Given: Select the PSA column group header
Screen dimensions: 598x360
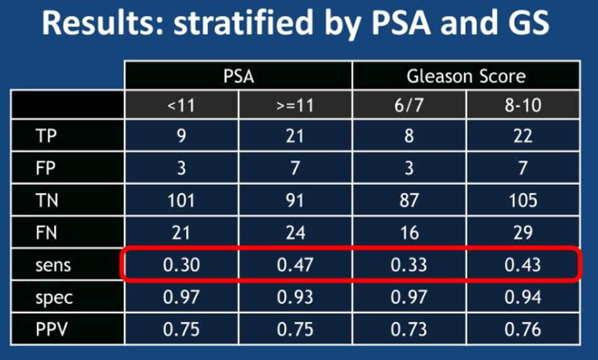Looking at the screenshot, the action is [239, 76].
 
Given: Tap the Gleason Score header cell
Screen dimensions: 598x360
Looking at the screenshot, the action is [466, 76].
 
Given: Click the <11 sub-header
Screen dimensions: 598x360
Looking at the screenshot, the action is [181, 105].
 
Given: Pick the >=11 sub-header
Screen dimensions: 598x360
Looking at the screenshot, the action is [295, 105].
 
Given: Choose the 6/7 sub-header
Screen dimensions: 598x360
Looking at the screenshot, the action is [409, 105].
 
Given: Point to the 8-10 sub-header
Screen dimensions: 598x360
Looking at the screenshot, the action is [523, 105].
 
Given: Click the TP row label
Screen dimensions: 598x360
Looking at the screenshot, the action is [46, 136].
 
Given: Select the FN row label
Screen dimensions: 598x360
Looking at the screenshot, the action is [46, 233].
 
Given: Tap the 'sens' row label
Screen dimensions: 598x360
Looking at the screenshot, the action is [53, 265].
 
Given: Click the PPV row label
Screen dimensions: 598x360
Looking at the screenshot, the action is [52, 329].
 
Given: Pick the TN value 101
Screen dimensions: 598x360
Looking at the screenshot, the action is [181, 201].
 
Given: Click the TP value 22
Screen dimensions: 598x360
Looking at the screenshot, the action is [523, 136].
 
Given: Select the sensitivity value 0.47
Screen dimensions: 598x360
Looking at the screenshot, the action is [295, 265].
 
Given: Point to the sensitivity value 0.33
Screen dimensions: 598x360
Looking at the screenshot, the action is [409, 265].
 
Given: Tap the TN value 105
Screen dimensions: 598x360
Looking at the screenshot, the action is [523, 201].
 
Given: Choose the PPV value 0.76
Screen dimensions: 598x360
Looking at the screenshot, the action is [523, 329].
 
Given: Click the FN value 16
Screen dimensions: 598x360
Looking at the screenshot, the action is [409, 233].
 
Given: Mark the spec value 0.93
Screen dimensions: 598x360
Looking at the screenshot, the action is [295, 297].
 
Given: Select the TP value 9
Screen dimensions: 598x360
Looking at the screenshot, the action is [181, 136].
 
